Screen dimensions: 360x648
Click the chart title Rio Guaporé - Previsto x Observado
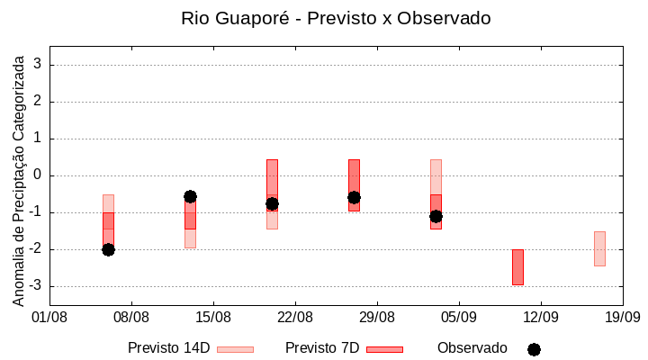click(336, 18)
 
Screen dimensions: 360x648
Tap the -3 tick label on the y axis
click(35, 286)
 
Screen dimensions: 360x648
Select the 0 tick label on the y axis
click(38, 175)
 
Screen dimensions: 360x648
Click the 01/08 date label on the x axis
click(49, 317)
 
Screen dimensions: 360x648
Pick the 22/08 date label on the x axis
click(295, 317)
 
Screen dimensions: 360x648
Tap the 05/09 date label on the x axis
click(459, 317)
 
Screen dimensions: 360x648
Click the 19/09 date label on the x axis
click(622, 317)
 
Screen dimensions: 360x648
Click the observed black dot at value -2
click(108, 249)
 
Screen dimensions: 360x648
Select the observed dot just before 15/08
click(190, 196)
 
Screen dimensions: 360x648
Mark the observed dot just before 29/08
click(354, 197)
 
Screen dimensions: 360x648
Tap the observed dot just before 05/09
click(436, 216)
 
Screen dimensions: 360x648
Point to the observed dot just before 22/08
click(272, 203)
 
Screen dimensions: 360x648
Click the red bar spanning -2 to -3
click(517, 267)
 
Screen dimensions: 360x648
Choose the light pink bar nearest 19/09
click(599, 248)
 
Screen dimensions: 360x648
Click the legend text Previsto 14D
click(168, 348)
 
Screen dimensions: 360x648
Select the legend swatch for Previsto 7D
click(384, 349)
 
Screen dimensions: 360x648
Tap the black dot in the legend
click(534, 349)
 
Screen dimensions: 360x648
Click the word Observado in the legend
click(472, 348)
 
